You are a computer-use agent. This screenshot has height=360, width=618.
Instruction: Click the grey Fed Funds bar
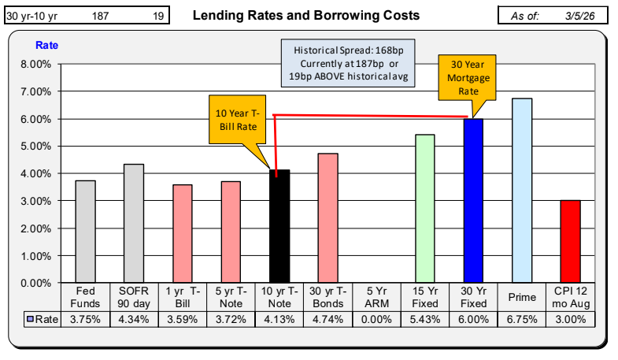point(85,232)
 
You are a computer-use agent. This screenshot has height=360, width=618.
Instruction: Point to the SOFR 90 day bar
point(134,224)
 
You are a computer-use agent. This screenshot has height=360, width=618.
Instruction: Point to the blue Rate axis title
point(46,45)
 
